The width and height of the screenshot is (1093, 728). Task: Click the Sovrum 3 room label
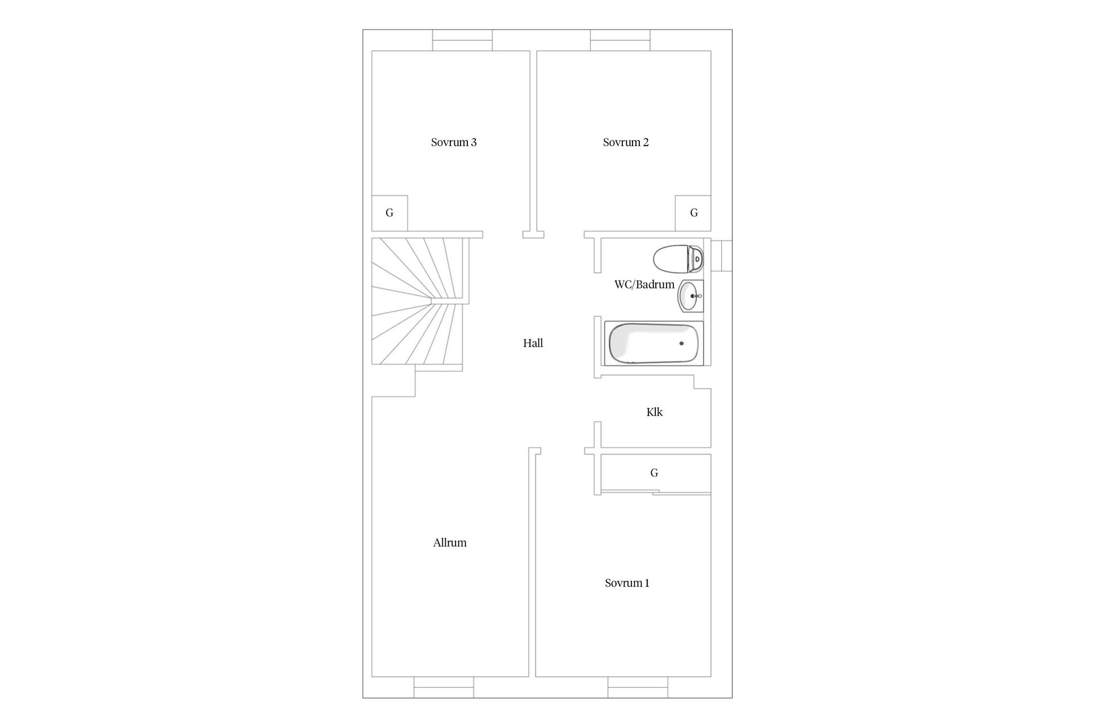coord(454,142)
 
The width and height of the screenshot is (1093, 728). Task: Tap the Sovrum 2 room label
coord(626,142)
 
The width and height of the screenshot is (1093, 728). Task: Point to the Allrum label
coord(450,543)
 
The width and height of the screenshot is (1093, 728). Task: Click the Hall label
coord(533,343)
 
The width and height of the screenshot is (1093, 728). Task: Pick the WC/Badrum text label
coord(644,284)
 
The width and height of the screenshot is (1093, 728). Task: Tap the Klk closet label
coord(655,412)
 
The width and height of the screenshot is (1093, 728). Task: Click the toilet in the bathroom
coord(677,259)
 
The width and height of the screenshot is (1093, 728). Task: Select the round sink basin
coord(690,296)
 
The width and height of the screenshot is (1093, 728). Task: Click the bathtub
coord(654,344)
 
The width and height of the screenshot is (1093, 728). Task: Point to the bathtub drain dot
coord(681,344)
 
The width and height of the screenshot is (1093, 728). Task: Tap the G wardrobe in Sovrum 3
coord(389,213)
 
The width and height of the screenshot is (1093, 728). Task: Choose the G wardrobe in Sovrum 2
coord(693,213)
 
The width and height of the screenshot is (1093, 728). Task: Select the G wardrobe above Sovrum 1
coord(654,473)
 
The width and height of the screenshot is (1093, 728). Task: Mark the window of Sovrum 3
coord(462,40)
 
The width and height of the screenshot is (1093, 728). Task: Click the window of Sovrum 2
coord(620,40)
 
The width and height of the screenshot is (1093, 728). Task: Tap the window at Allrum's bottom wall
coord(443,687)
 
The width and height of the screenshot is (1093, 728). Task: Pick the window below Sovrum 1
coord(638,687)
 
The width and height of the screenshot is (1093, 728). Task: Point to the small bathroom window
coord(722,256)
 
